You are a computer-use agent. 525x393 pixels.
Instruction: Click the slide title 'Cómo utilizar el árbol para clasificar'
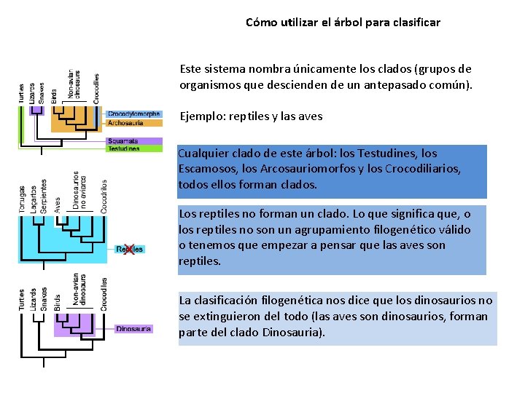coord(343,23)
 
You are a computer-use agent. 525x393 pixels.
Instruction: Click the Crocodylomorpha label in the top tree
coord(134,114)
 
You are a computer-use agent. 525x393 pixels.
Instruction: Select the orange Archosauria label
coord(125,123)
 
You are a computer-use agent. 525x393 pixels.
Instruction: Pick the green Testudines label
coord(124,148)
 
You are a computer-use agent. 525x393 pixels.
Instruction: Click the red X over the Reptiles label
coord(129,250)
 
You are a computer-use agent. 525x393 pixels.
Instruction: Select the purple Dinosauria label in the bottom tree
coord(134,329)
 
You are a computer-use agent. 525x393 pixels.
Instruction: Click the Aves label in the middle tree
coord(57,205)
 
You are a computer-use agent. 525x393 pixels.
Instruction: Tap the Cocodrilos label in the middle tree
coord(104,196)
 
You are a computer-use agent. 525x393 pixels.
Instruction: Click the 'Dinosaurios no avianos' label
coord(80,191)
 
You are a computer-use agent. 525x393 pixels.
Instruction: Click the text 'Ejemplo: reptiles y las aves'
coord(250,116)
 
